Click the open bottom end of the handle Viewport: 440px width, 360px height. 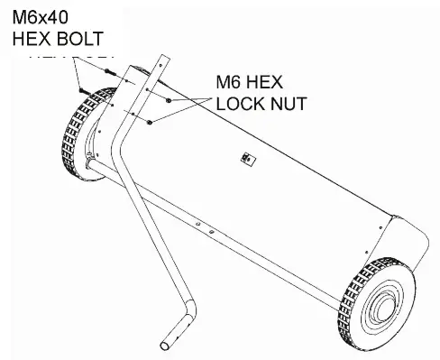pyautogui.click(x=168, y=344)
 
